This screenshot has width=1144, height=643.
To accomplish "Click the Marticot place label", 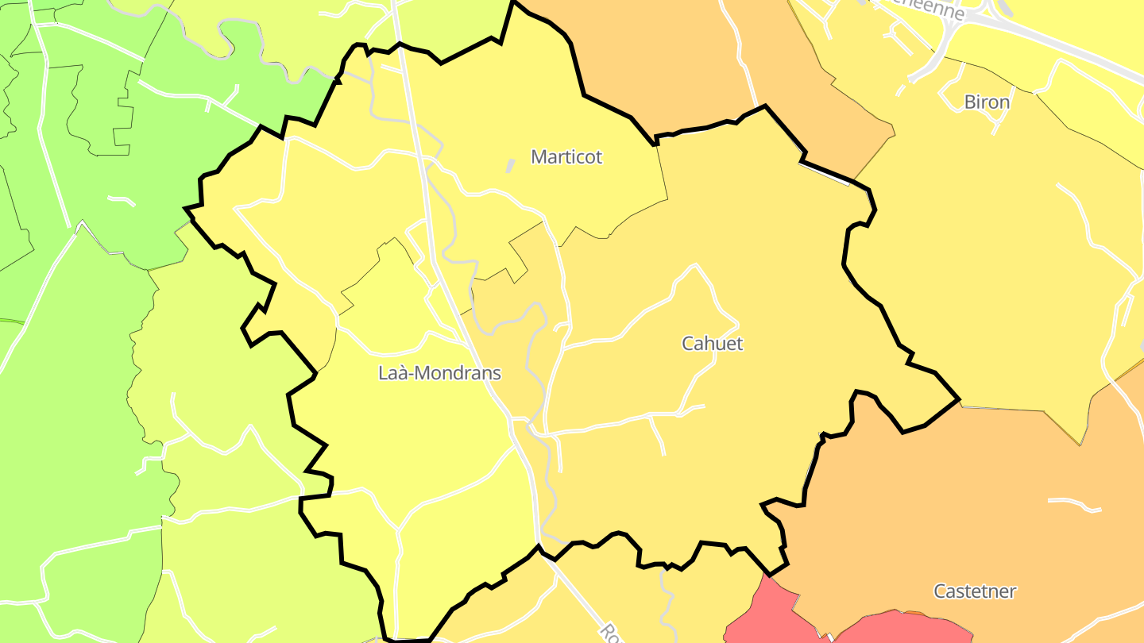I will coord(566,157).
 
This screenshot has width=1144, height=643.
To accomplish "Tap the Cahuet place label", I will coord(713,344).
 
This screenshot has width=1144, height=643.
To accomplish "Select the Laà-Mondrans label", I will coord(439,373).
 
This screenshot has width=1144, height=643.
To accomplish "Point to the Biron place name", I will coord(987,102).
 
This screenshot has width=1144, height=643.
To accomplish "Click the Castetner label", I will coord(975,591).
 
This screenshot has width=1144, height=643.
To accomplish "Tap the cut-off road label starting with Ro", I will coord(609,633).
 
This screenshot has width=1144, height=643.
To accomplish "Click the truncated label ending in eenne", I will coord(937,11).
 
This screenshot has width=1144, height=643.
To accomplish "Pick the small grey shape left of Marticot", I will coord(509,166).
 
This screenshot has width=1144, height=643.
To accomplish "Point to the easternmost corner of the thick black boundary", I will coord(959,399).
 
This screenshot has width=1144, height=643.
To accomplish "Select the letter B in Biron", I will coord(969,102).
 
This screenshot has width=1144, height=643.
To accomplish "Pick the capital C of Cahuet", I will coord(688,344).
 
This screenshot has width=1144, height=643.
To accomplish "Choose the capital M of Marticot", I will coord(539,157).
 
